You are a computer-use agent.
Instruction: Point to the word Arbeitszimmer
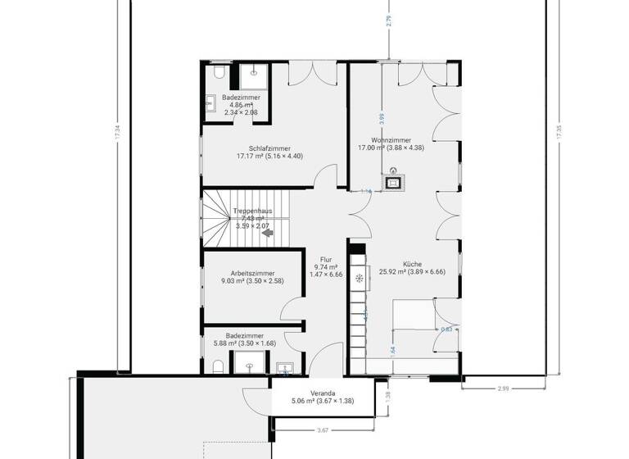(x=252, y=273)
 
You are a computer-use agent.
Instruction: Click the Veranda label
(x=310, y=393)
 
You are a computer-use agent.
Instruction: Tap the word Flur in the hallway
(x=325, y=258)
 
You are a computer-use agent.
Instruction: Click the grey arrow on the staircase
(x=266, y=233)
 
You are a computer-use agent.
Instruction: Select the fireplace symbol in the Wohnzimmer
(x=394, y=181)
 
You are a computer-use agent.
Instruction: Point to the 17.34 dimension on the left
(x=119, y=133)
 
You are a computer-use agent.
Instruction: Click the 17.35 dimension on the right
(x=559, y=133)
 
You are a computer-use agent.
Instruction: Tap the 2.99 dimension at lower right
(x=503, y=389)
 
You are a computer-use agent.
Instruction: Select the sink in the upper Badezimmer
(x=210, y=103)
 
